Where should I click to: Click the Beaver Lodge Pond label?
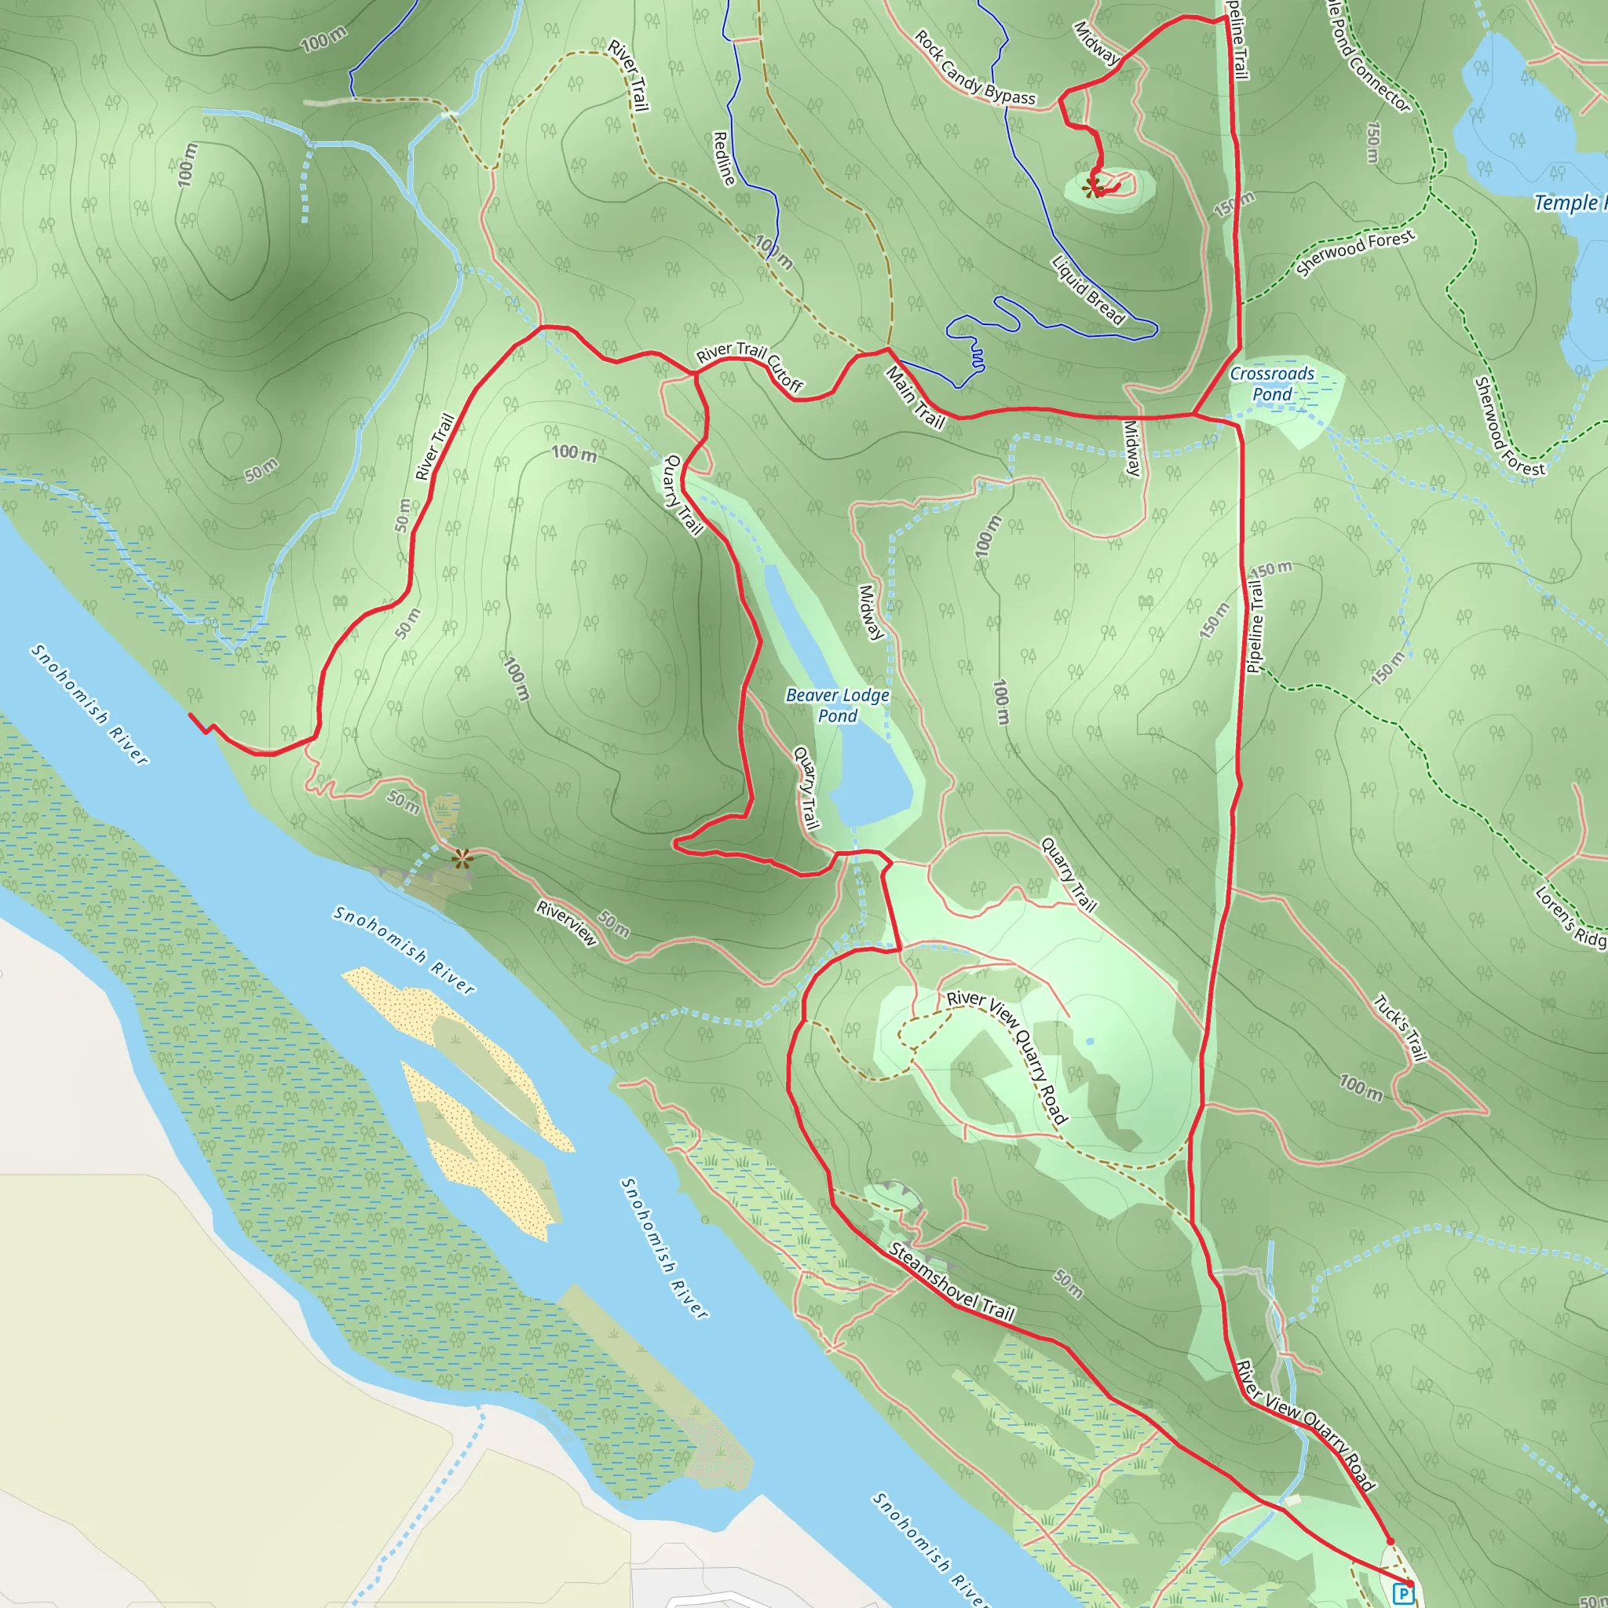(x=837, y=705)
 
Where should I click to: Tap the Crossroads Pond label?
(x=1272, y=384)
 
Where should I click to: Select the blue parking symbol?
(x=1403, y=1593)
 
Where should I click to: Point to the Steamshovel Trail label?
(x=952, y=1281)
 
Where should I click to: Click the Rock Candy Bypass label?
(x=974, y=68)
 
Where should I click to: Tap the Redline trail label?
(x=724, y=158)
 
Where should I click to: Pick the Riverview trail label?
(x=567, y=923)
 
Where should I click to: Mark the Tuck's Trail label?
(x=1401, y=1028)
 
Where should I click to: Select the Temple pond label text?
(x=1570, y=203)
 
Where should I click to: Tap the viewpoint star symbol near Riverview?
(x=462, y=858)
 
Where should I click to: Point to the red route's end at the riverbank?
(x=191, y=715)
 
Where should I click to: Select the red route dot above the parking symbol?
(x=1389, y=1541)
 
